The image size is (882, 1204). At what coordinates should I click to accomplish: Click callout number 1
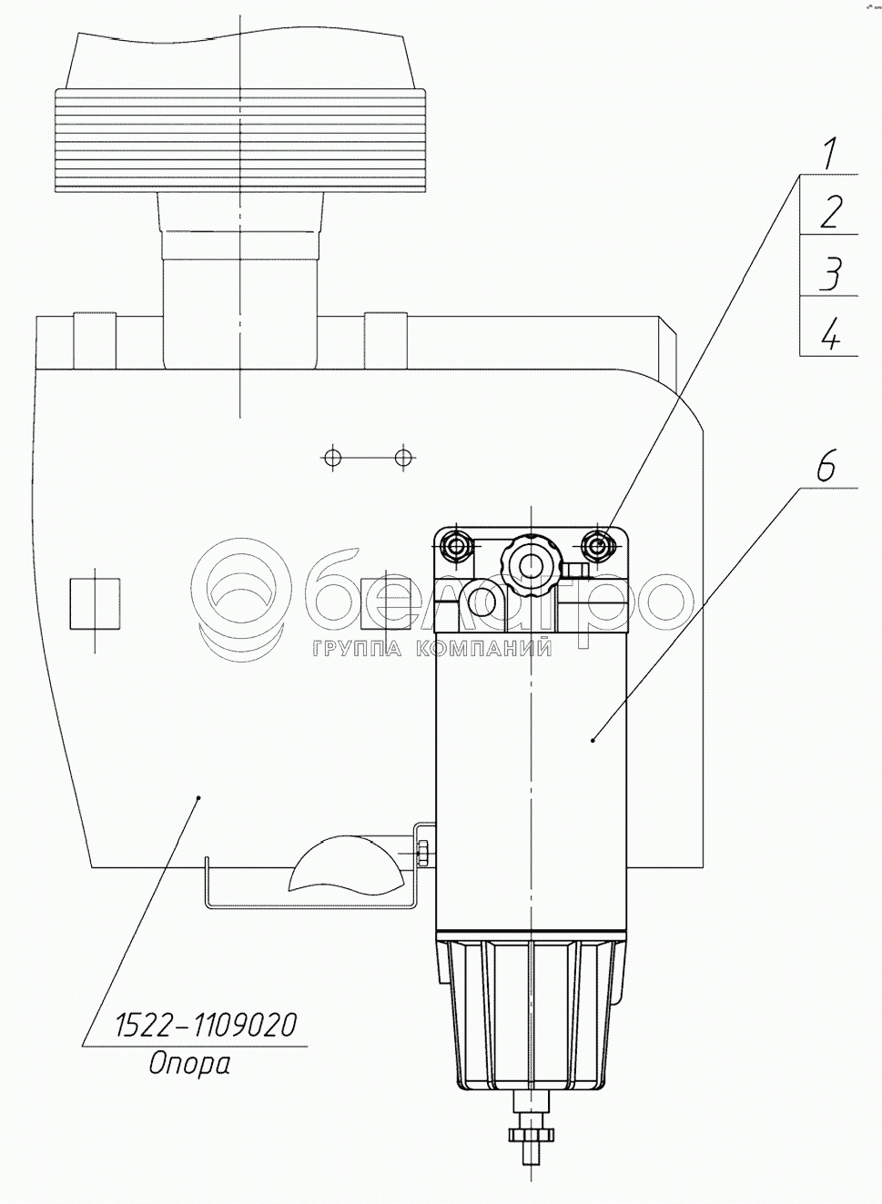pyautogui.click(x=827, y=154)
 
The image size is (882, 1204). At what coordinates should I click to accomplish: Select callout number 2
pyautogui.click(x=829, y=212)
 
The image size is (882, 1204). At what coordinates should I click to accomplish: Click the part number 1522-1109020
pyautogui.click(x=205, y=1026)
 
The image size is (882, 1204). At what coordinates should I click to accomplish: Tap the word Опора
pyautogui.click(x=189, y=1062)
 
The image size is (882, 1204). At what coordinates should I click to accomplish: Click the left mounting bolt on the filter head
pyautogui.click(x=455, y=546)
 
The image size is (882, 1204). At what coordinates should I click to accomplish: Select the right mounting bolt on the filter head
pyautogui.click(x=598, y=546)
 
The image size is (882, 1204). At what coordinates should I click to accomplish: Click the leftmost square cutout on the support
pyautogui.click(x=96, y=603)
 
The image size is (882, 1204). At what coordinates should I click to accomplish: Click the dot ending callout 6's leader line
pyautogui.click(x=593, y=740)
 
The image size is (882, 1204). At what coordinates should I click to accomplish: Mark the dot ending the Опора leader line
pyautogui.click(x=199, y=796)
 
